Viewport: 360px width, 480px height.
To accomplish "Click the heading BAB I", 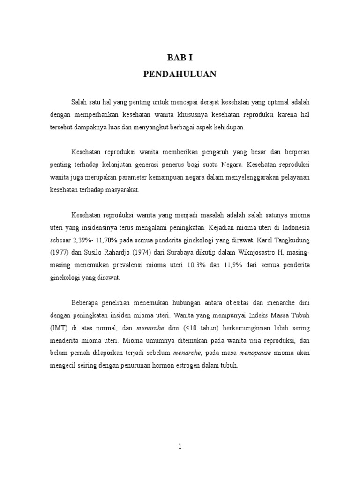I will (x=180, y=58).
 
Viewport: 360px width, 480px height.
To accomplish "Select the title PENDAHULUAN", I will (x=180, y=74).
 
